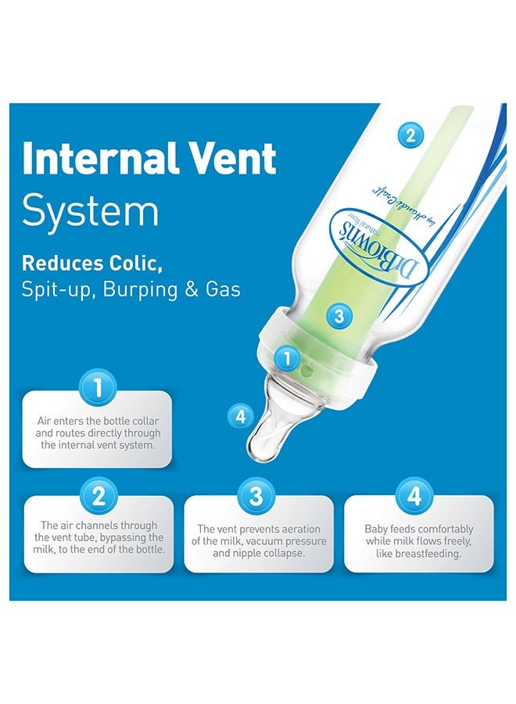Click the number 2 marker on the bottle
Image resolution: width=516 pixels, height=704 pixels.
[410, 135]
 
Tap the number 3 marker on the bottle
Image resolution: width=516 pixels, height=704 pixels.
[339, 317]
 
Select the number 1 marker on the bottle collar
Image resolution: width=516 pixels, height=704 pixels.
[287, 358]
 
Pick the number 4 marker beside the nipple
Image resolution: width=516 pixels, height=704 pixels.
[241, 417]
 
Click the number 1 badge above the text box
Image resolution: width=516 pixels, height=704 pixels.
[98, 387]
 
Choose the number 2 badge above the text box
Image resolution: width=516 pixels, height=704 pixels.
[98, 496]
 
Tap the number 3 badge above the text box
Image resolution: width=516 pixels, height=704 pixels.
[256, 496]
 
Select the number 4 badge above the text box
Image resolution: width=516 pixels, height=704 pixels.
[414, 496]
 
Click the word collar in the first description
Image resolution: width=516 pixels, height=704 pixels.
[145, 421]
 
